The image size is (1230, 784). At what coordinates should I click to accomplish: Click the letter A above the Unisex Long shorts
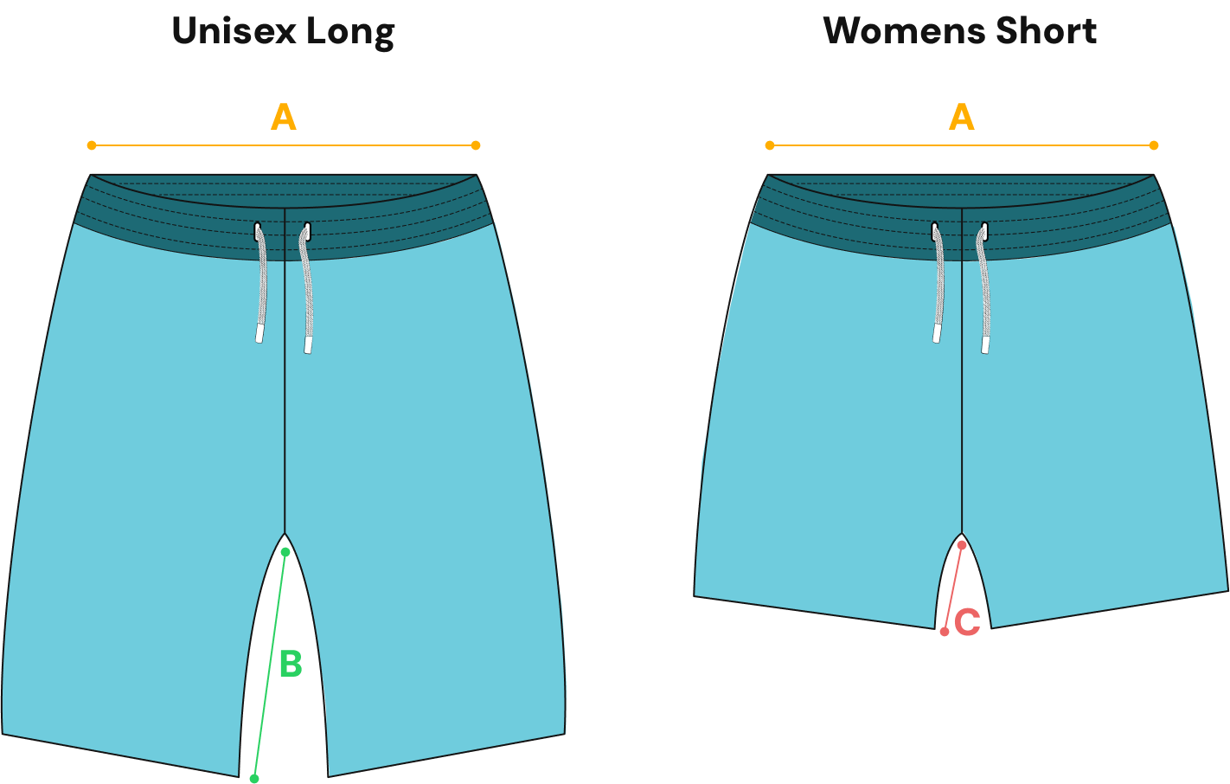coord(284,117)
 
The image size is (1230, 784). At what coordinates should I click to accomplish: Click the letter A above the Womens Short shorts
coord(962,117)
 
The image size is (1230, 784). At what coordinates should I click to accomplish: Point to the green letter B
coord(291,665)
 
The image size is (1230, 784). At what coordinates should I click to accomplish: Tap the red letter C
coord(967,621)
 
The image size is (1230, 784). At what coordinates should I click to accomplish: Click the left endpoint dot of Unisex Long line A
coord(92,145)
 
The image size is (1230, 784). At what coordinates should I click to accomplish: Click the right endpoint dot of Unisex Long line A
coord(476,145)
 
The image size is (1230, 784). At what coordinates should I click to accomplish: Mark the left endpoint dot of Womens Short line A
coord(770,145)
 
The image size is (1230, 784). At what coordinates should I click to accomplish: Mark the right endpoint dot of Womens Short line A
coord(1154,145)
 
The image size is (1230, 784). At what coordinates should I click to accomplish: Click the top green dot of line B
coord(285,552)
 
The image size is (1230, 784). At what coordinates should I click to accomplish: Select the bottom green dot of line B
coord(254,779)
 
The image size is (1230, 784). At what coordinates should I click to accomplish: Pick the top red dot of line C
coord(962,545)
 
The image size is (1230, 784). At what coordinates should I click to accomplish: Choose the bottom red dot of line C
coord(945,632)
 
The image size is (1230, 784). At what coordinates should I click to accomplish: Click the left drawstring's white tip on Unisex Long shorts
coord(259,333)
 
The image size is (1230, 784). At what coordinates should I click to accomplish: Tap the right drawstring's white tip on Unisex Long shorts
coord(308,344)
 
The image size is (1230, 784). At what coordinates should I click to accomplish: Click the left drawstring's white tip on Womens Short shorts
coord(937,333)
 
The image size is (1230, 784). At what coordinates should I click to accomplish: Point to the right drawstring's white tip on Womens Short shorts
coord(985,344)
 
